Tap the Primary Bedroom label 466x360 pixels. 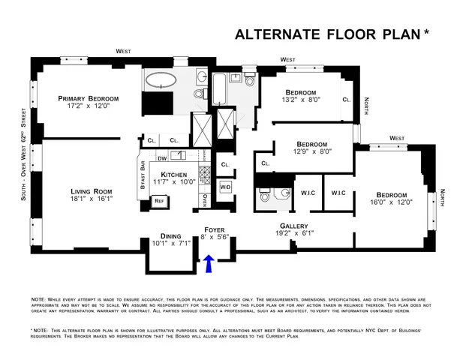[x=94, y=98]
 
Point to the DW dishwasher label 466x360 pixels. [x=162, y=158]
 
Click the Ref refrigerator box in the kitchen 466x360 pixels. [x=158, y=201]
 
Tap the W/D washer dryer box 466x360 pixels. [x=225, y=186]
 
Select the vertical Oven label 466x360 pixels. [x=205, y=200]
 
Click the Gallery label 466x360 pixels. [x=294, y=226]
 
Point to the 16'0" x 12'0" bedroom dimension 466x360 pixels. [x=395, y=202]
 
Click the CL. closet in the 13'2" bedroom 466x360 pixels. [x=346, y=100]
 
